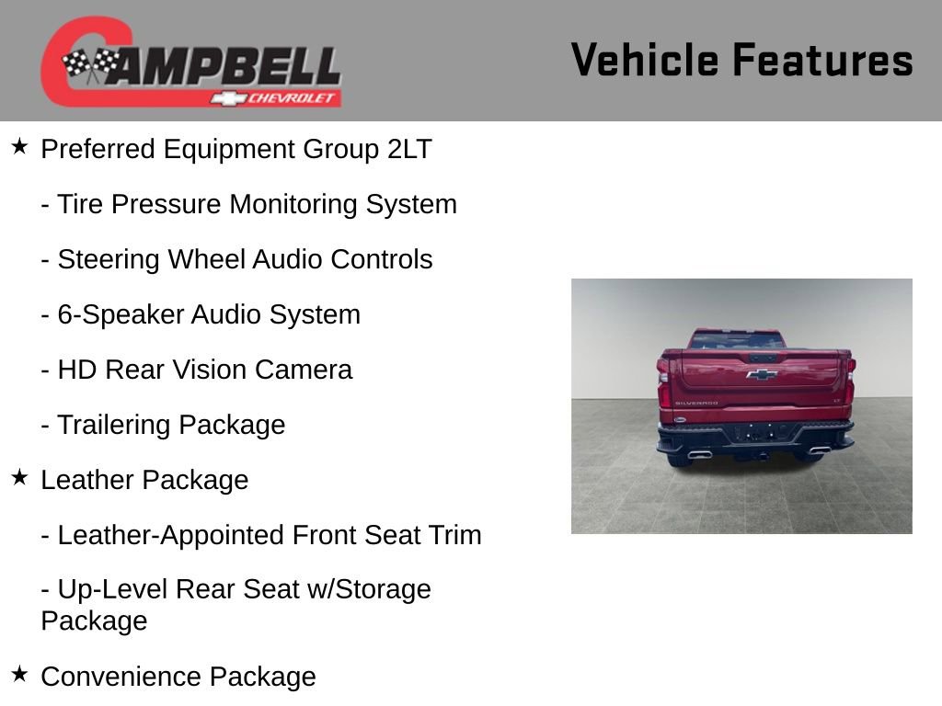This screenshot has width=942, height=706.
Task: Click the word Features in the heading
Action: tap(822, 60)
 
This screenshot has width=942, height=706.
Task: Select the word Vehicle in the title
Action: tap(644, 60)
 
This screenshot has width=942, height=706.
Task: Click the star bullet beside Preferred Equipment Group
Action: tap(19, 147)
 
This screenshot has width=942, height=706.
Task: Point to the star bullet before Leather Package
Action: tap(19, 478)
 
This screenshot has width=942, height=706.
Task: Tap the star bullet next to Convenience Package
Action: tap(19, 675)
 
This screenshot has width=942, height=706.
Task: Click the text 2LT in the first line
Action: tap(408, 149)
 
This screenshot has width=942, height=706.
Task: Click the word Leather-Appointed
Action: tap(170, 535)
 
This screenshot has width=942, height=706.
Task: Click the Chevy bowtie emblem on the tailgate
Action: tap(761, 374)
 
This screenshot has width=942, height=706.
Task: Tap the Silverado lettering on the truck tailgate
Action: tap(696, 403)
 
